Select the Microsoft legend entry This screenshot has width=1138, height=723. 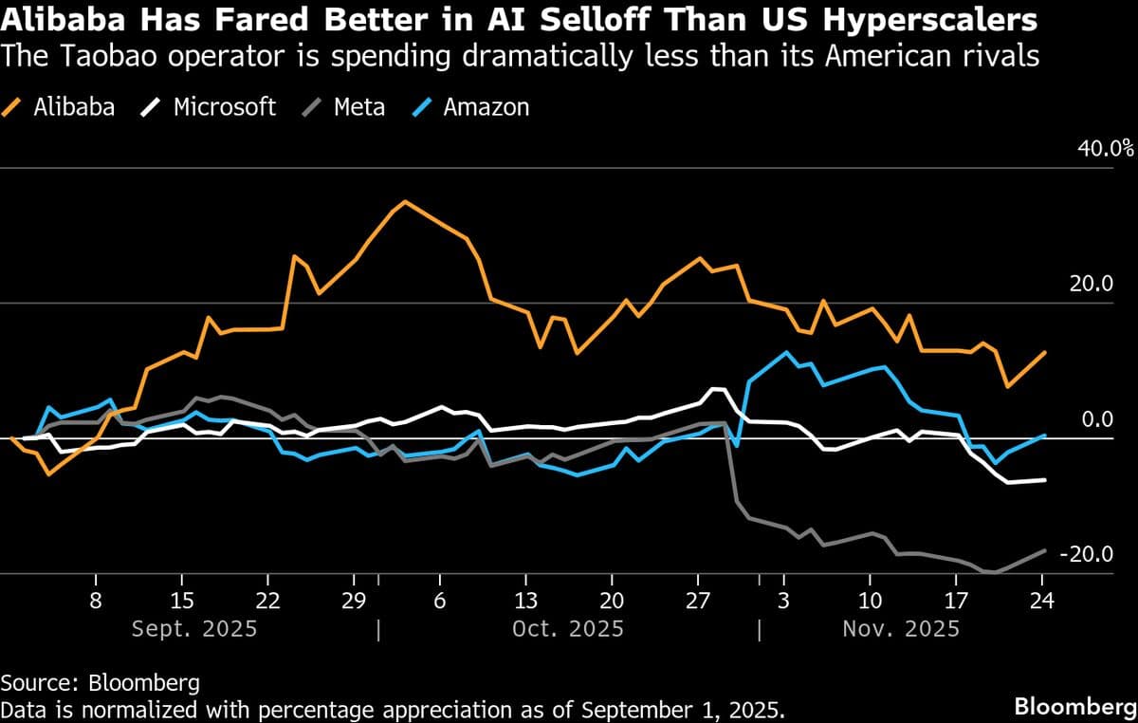point(211,106)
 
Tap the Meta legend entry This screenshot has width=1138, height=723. point(345,106)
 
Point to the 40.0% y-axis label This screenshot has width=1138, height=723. point(1105,148)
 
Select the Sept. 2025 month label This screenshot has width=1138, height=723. point(193,628)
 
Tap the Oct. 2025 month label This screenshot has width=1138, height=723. point(569,628)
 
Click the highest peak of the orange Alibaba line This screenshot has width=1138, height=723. point(405,201)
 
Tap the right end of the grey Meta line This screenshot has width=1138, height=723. point(1045,550)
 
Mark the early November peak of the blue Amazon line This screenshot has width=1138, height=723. point(786,352)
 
